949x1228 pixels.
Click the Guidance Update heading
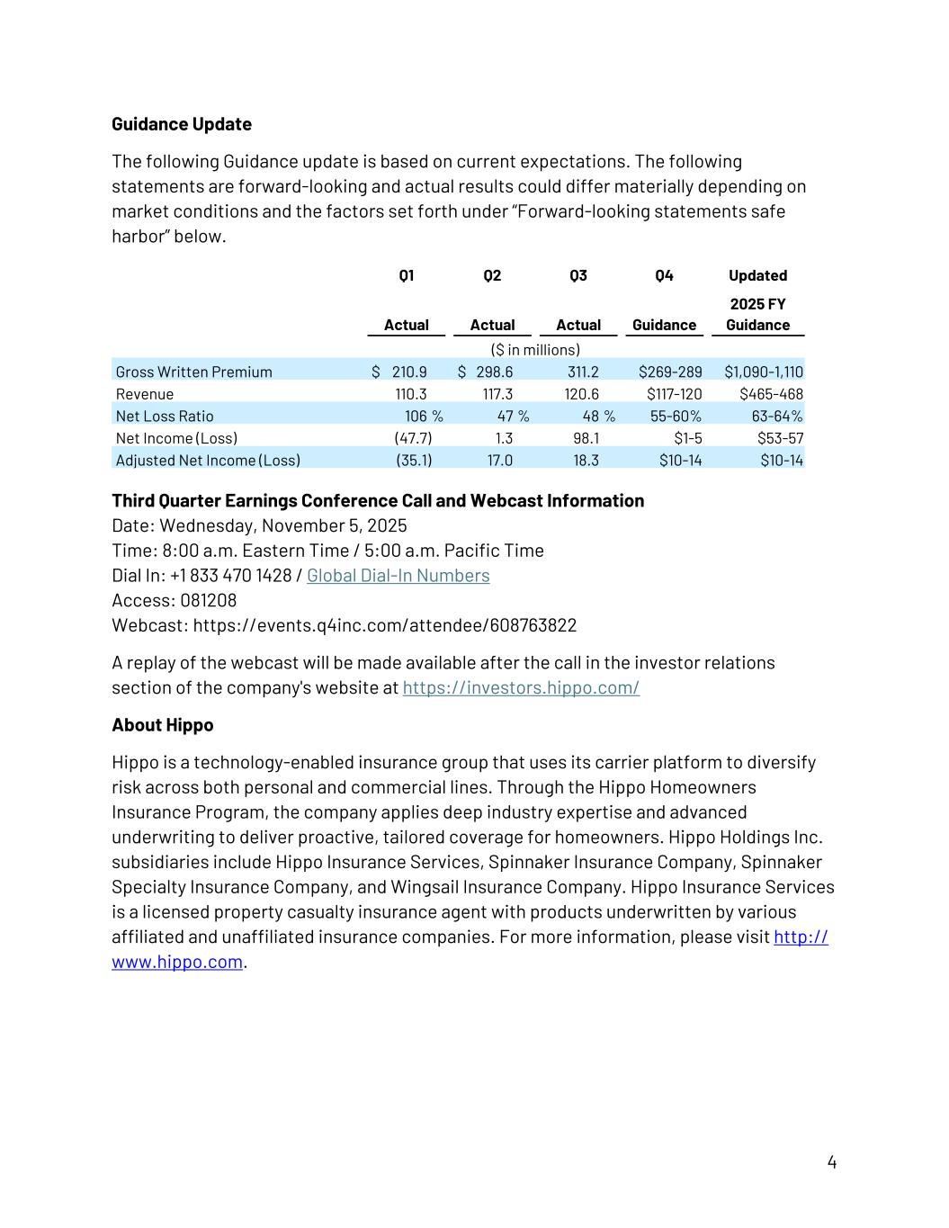tap(181, 124)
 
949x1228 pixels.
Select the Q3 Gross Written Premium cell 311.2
tap(583, 372)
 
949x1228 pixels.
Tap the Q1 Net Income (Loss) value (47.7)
tap(413, 438)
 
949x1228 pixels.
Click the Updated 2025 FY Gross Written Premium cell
tap(763, 372)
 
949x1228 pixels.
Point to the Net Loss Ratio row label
tap(165, 416)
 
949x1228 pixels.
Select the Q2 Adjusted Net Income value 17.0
tap(499, 460)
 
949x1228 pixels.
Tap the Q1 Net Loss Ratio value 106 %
tap(424, 416)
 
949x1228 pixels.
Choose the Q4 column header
tap(664, 275)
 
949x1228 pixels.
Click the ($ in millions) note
tap(535, 349)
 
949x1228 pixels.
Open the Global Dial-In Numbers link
tap(398, 576)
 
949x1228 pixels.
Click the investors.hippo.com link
tap(521, 688)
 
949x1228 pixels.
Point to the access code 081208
tap(208, 600)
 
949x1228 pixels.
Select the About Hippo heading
tap(162, 725)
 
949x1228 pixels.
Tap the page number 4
tap(831, 1162)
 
